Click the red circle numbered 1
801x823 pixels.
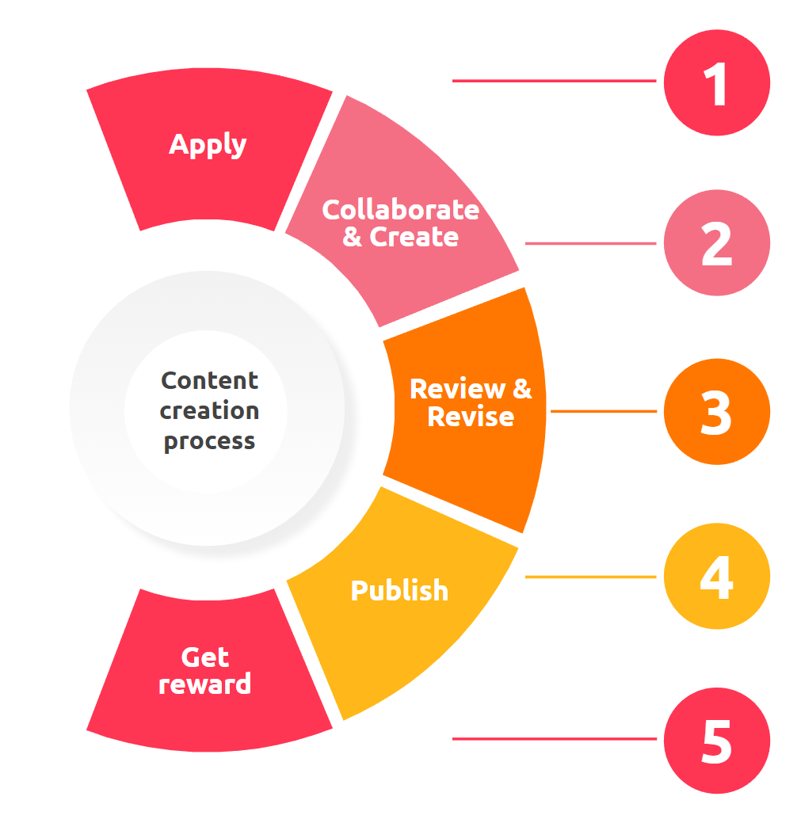tap(716, 82)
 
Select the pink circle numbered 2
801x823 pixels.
tap(716, 243)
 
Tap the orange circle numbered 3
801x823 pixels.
tap(716, 412)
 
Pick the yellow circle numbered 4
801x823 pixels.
tap(716, 577)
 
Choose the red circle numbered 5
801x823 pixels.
tap(716, 741)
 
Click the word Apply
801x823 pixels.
tap(208, 146)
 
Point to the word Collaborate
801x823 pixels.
tap(400, 210)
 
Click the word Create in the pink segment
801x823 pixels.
tap(414, 237)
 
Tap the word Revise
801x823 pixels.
tap(471, 417)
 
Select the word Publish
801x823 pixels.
tap(399, 591)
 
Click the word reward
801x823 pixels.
tap(204, 684)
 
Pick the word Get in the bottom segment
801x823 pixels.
tap(204, 657)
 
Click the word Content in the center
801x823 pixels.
tap(209, 381)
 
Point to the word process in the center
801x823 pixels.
tap(209, 442)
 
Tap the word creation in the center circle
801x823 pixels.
tap(209, 411)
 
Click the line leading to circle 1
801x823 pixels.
tap(554, 81)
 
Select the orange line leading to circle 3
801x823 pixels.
tap(603, 412)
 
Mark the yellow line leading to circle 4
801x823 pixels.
tap(590, 577)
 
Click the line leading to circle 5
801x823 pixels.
tap(554, 739)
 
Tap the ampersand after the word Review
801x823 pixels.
tap(522, 389)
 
